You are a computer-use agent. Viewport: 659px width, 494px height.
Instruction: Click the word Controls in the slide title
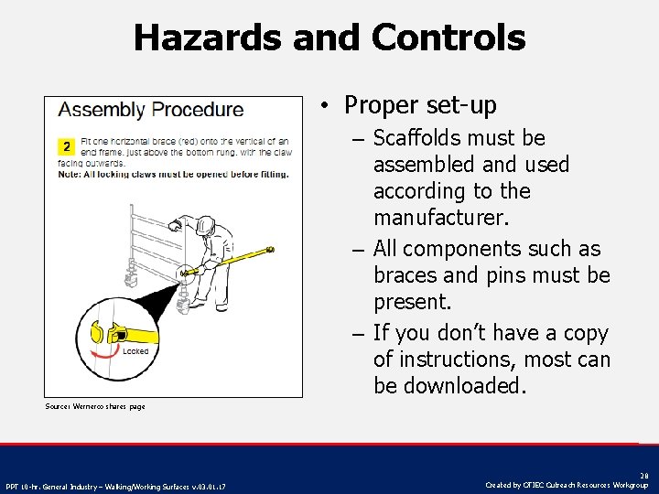pos(448,38)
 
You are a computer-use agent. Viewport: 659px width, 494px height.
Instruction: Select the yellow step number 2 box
pos(66,146)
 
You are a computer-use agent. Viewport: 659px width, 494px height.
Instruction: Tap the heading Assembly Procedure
pos(151,110)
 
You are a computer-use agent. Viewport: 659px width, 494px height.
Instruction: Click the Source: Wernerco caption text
pos(95,406)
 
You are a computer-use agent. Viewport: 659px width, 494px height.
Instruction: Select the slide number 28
pos(643,476)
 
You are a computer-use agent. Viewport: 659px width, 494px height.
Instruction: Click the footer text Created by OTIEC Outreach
pos(567,485)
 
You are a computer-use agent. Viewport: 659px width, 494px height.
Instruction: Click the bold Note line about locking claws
pos(173,174)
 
